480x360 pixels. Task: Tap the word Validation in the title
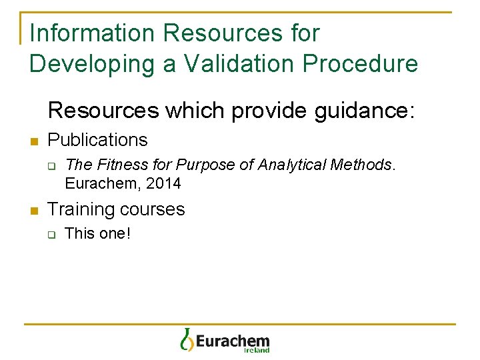(x=239, y=63)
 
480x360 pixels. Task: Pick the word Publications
(x=98, y=140)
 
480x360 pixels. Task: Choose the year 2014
(x=165, y=183)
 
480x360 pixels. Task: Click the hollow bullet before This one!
(x=51, y=234)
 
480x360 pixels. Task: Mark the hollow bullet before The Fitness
(x=51, y=165)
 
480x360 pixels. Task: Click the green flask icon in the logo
(x=186, y=339)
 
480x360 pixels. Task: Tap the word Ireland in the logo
(x=257, y=350)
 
